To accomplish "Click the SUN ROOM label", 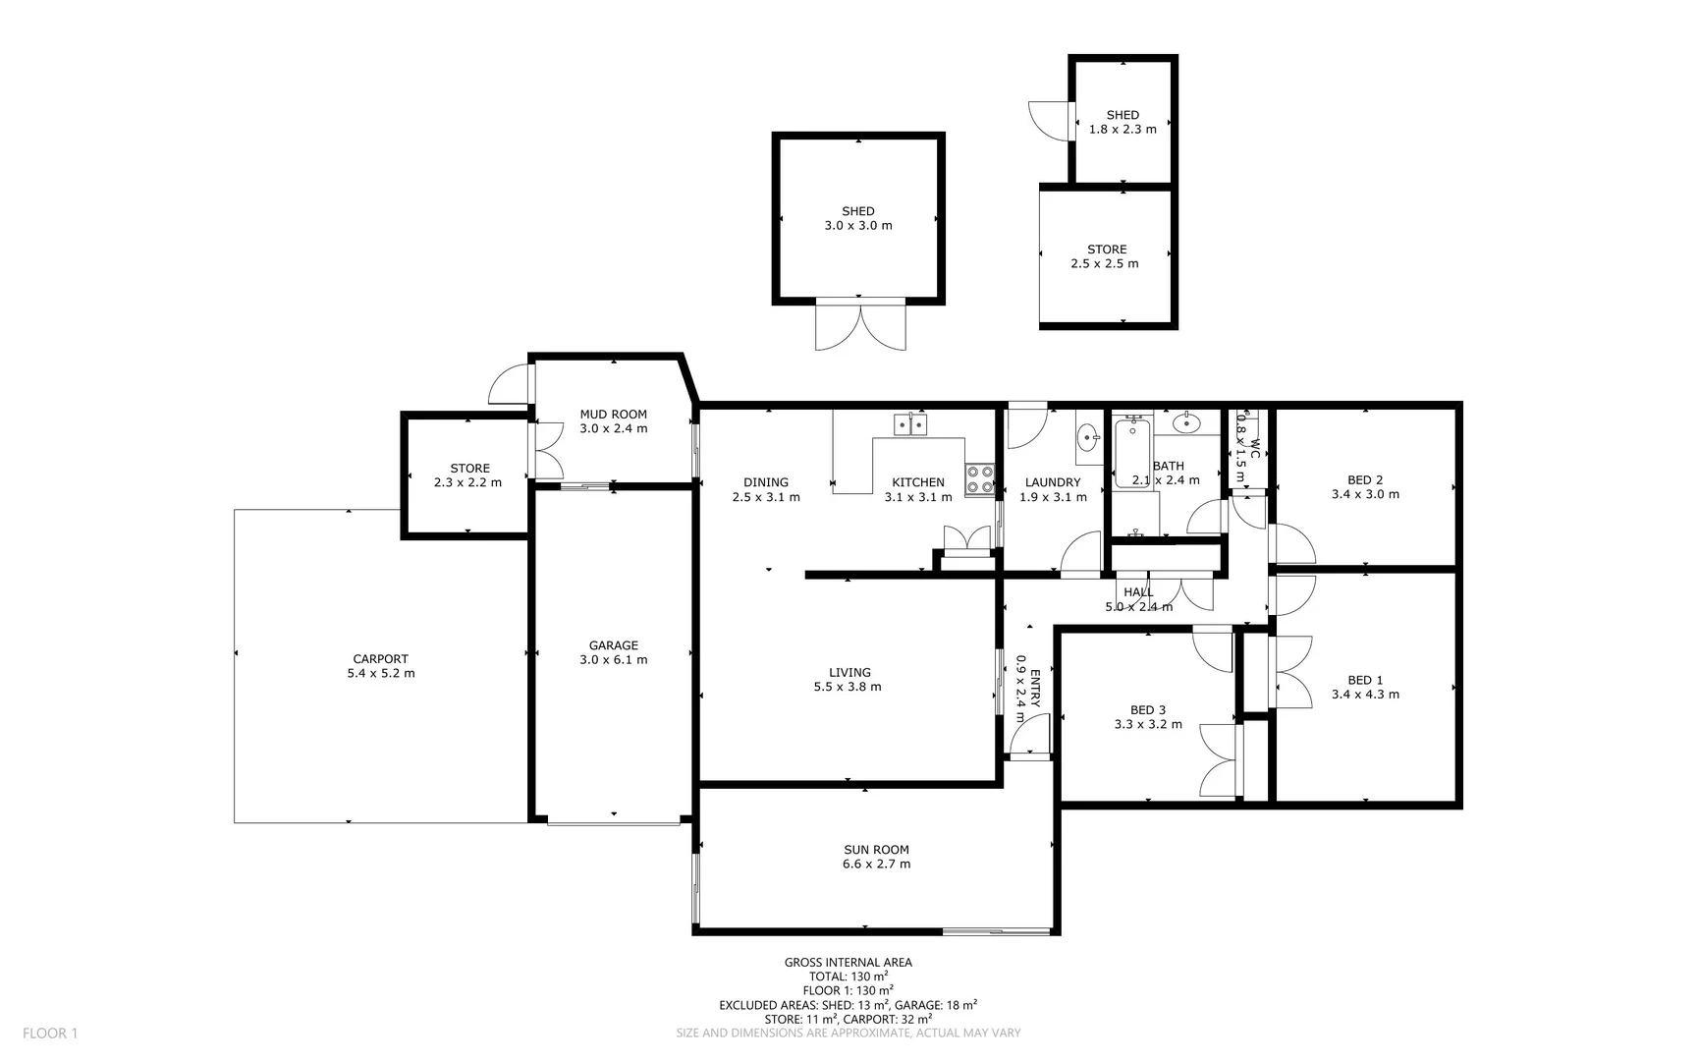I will tap(876, 850).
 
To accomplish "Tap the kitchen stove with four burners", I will tap(979, 478).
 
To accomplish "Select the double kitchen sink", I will tap(910, 424).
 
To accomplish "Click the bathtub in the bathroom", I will tap(1132, 453).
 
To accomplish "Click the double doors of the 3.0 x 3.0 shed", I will tap(860, 326).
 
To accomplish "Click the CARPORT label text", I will tap(380, 659).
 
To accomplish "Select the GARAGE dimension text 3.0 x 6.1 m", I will tap(613, 660).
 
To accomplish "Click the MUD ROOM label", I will tap(613, 415).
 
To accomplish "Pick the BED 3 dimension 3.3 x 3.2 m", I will tap(1147, 725).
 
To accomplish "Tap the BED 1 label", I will tap(1365, 680).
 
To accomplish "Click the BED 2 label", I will tap(1365, 480).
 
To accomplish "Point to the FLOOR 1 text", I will tap(49, 1033).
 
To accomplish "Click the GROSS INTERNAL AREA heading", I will tap(848, 963).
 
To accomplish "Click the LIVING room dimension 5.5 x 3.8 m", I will tap(847, 687).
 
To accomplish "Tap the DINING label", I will tap(765, 482).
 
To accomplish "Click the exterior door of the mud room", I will tap(511, 385).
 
